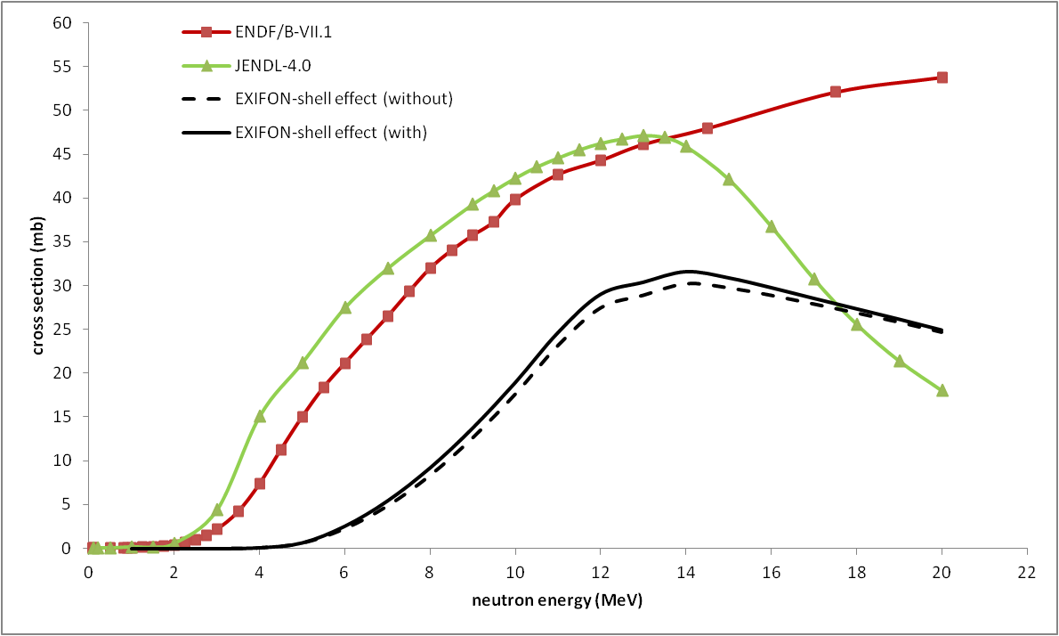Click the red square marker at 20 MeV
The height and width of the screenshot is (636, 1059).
[x=942, y=77]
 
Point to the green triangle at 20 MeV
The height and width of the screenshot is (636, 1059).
[x=942, y=390]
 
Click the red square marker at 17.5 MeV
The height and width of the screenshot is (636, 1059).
[x=836, y=92]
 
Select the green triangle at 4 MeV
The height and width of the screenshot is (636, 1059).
[x=260, y=416]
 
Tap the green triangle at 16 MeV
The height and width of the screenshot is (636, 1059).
[x=772, y=226]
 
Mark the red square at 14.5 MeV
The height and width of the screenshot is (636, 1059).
[x=707, y=128]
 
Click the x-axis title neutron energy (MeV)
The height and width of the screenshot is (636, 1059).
[x=557, y=601]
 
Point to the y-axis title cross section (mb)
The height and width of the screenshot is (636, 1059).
[x=38, y=285]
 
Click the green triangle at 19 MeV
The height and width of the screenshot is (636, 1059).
[x=900, y=361]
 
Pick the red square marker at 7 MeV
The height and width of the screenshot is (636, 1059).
[x=388, y=316]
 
